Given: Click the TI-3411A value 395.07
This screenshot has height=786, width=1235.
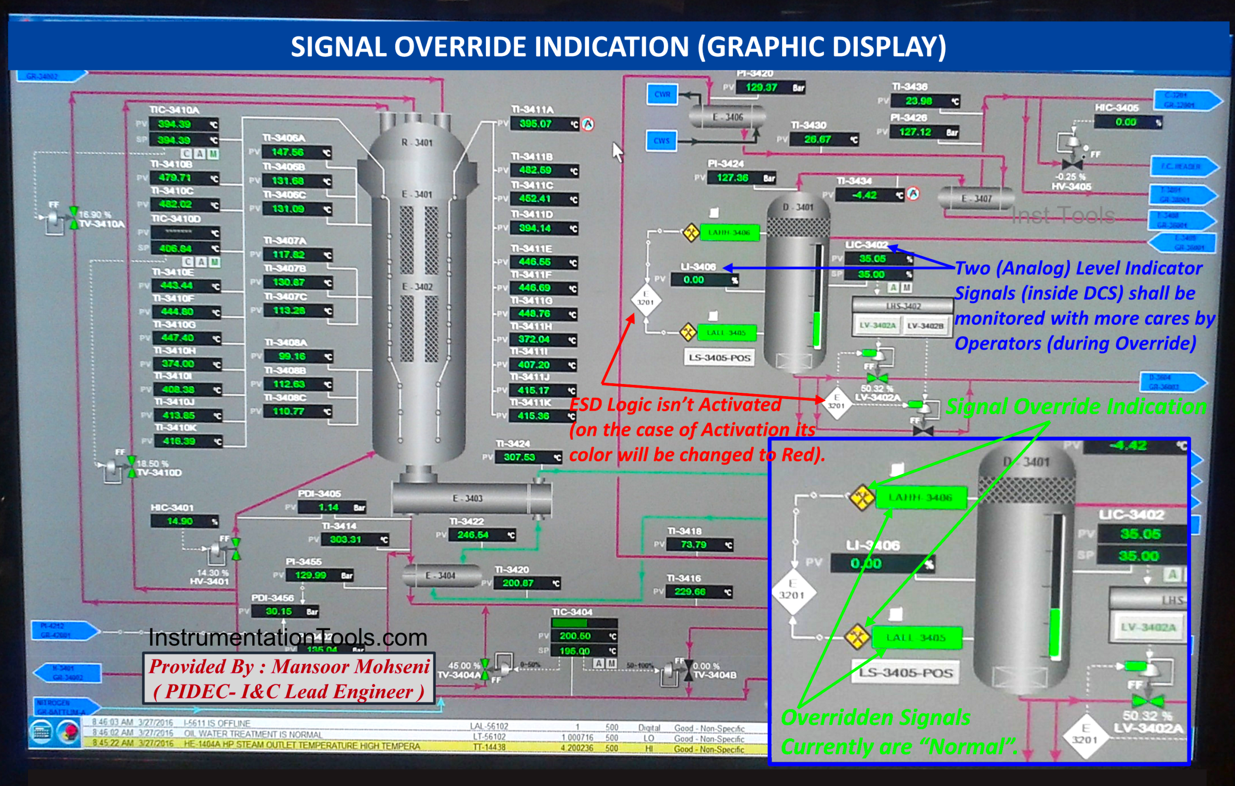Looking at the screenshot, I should click(535, 124).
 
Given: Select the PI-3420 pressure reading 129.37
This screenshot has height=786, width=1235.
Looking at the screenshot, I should click(761, 87).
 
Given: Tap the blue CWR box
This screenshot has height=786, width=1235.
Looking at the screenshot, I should click(661, 95).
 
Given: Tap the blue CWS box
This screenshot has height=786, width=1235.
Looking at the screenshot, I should click(661, 140).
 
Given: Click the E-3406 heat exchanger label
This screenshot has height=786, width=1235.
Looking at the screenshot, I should click(727, 117).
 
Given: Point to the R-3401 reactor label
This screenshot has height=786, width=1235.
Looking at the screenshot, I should click(416, 142).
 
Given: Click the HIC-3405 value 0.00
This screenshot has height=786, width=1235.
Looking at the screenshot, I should click(1126, 122).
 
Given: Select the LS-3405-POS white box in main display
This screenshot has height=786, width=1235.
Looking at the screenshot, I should click(719, 358).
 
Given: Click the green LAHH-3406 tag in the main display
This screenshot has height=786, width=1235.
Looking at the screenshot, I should click(729, 233).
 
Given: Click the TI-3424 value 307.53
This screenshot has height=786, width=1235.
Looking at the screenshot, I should click(519, 456).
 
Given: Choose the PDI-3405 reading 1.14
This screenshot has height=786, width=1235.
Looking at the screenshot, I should click(328, 508).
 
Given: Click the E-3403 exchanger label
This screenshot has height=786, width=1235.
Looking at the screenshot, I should click(467, 498).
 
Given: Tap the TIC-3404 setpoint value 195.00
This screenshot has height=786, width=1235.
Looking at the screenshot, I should click(575, 650).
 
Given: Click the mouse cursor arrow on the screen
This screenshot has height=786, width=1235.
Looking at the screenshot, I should click(617, 151).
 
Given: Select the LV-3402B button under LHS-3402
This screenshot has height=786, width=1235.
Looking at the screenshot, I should click(925, 325).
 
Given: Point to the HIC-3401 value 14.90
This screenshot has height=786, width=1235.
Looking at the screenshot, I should click(179, 521).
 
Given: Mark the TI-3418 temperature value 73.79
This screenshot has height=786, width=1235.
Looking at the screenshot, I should click(693, 544).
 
